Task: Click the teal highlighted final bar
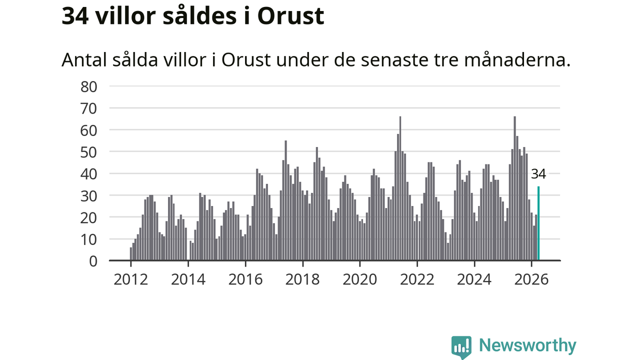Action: coord(538,223)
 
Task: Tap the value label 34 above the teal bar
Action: coord(538,174)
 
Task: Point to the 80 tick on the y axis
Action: coord(89,87)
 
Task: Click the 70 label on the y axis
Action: coord(89,109)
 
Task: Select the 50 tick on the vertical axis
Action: coord(89,152)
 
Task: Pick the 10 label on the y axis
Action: coord(89,239)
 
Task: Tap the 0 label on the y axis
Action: coord(93,261)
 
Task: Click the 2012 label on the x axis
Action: coord(131,279)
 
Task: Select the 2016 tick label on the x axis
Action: coord(245,279)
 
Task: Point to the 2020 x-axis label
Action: coord(359,279)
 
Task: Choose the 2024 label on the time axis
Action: coord(474,279)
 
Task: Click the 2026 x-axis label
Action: coord(531,279)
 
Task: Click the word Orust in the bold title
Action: coord(290,16)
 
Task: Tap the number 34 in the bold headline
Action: coord(75,16)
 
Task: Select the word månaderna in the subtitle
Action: coord(517,60)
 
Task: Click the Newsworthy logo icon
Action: coord(461,347)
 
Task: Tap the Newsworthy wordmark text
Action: coord(527,345)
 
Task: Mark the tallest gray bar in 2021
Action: coord(400,188)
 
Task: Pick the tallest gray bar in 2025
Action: coord(515,188)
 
